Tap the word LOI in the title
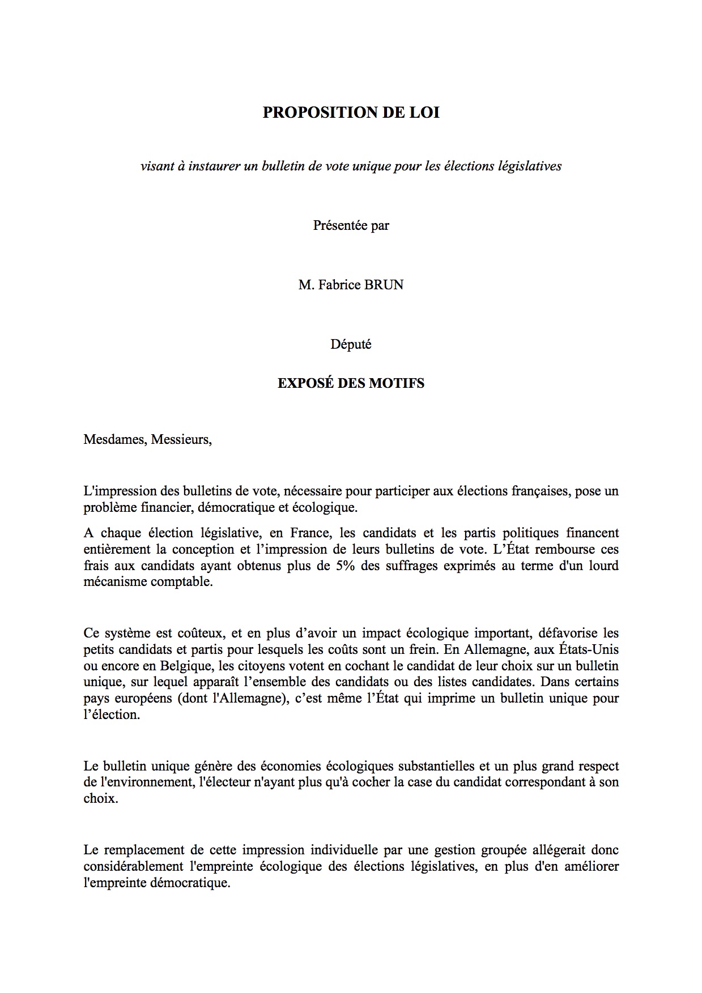(424, 113)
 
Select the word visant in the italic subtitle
(156, 166)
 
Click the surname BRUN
(384, 285)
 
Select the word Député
(351, 344)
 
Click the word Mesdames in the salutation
(114, 440)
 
